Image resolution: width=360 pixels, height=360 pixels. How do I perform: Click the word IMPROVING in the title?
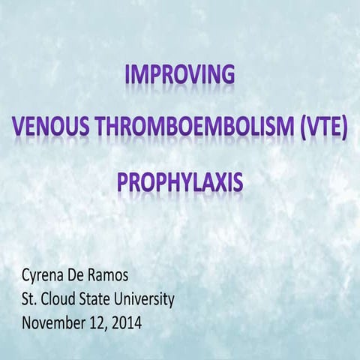coord(179,75)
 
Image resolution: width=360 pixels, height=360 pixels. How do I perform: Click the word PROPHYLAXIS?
coord(179,182)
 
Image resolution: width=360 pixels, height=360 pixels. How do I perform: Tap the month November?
coord(55,322)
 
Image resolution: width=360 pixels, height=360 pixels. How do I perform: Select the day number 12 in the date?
coord(100,322)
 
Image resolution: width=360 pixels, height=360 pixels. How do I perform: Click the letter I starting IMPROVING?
coord(128,75)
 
